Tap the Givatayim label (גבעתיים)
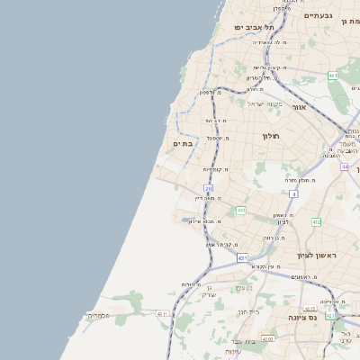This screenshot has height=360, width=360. tap(318, 15)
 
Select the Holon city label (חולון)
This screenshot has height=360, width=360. tap(271, 136)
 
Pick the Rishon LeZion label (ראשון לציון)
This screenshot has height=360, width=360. tap(315, 256)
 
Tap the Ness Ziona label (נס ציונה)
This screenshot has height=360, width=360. tap(314, 318)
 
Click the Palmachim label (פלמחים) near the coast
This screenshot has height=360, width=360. tap(98, 315)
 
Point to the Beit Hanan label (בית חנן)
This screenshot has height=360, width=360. tap(246, 312)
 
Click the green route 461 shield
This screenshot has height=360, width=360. tap(333, 76)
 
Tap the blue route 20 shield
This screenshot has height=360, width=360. tap(208, 188)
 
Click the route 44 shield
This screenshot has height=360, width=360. tap(345, 166)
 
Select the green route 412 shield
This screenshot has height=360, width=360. tap(316, 221)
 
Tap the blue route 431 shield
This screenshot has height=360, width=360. tap(242, 258)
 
